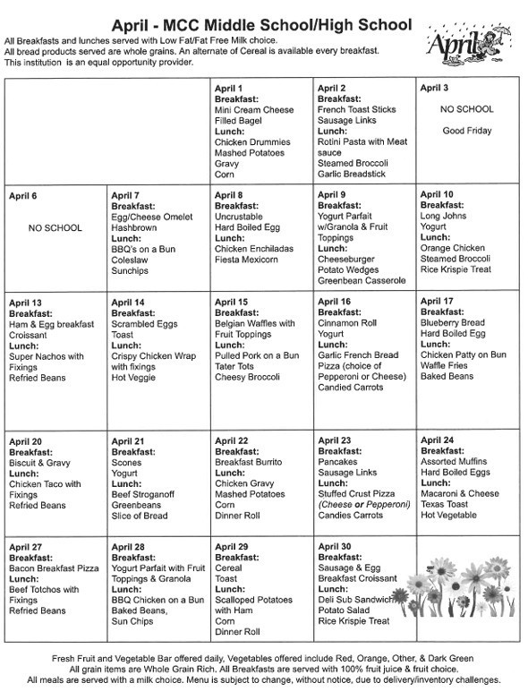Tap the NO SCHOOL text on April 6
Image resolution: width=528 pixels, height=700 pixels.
(55, 227)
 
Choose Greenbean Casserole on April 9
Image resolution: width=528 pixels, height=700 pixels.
(362, 281)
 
